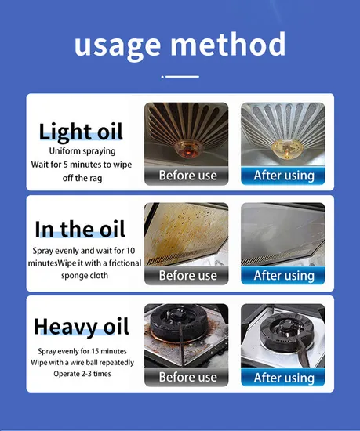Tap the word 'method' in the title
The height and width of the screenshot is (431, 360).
coord(228,43)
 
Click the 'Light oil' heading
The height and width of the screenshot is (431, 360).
coord(81,132)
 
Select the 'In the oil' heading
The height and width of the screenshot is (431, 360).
coord(80,229)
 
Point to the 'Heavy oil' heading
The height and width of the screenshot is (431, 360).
coord(82,327)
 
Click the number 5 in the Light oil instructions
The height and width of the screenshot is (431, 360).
coord(65,165)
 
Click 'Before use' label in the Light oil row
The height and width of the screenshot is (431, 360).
coord(187,176)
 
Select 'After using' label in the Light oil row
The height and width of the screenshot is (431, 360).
coord(284,176)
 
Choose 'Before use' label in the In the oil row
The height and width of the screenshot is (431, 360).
coord(187,275)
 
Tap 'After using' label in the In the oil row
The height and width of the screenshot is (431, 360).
coord(284,276)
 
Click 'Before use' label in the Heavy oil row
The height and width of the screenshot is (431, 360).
coord(187,377)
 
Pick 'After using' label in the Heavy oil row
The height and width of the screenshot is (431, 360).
coord(284,378)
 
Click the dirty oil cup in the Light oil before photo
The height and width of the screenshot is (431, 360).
coord(187,149)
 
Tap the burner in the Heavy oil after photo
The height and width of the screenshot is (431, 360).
coord(284,332)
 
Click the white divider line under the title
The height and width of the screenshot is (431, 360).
coord(180,77)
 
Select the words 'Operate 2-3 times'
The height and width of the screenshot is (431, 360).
coord(82,374)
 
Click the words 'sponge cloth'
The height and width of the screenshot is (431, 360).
coord(85,275)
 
